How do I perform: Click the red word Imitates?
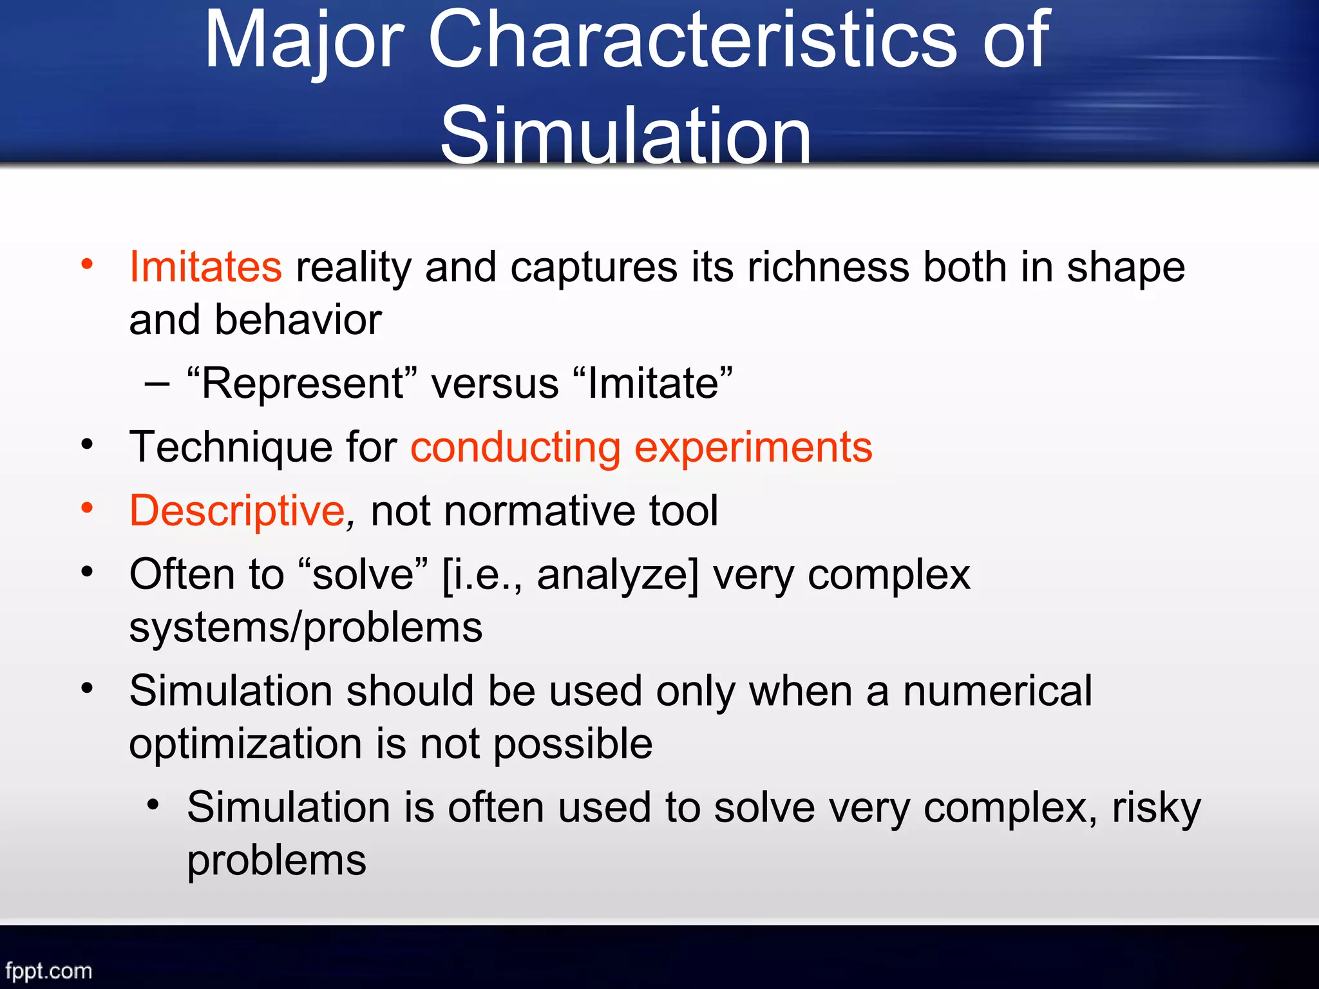(205, 267)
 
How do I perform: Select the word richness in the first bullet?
(828, 267)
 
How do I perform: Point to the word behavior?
(298, 320)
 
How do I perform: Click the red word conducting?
(515, 447)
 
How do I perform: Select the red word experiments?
(753, 448)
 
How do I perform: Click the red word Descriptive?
(237, 511)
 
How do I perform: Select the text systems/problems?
(305, 628)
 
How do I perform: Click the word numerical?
(997, 691)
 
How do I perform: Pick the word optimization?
(245, 744)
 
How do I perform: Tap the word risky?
(1156, 807)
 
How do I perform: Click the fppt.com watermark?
(48, 970)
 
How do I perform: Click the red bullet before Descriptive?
(87, 508)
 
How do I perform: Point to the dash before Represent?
(157, 385)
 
